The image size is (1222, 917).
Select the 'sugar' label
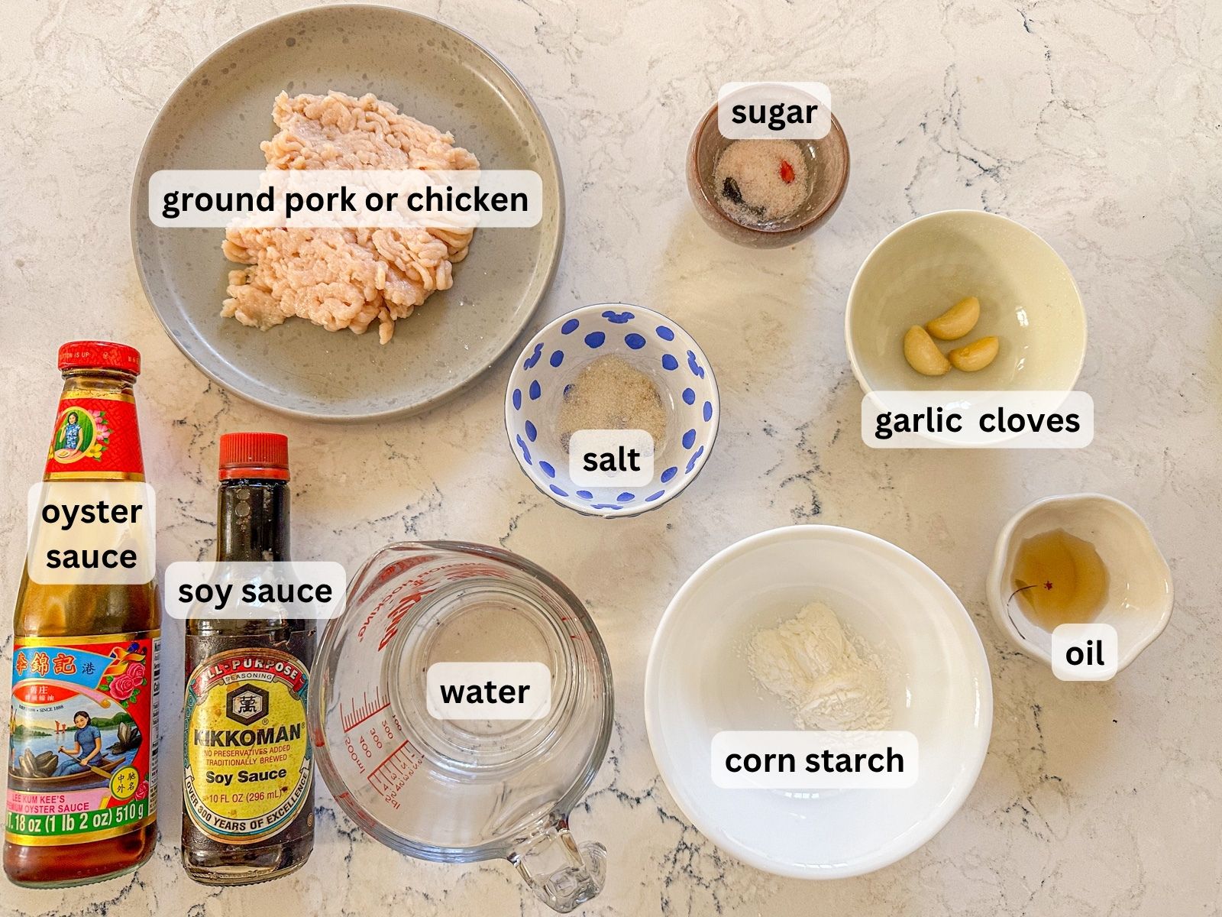(774, 112)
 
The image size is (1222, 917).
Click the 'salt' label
(611, 459)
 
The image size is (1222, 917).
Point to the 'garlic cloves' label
(977, 420)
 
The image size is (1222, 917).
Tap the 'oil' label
(1085, 653)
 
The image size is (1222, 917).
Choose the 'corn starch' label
(814, 760)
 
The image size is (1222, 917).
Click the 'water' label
(485, 692)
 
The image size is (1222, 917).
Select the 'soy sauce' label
(255, 591)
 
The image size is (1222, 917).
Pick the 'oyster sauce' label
(92, 533)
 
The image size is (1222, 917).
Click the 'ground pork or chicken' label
(345, 199)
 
